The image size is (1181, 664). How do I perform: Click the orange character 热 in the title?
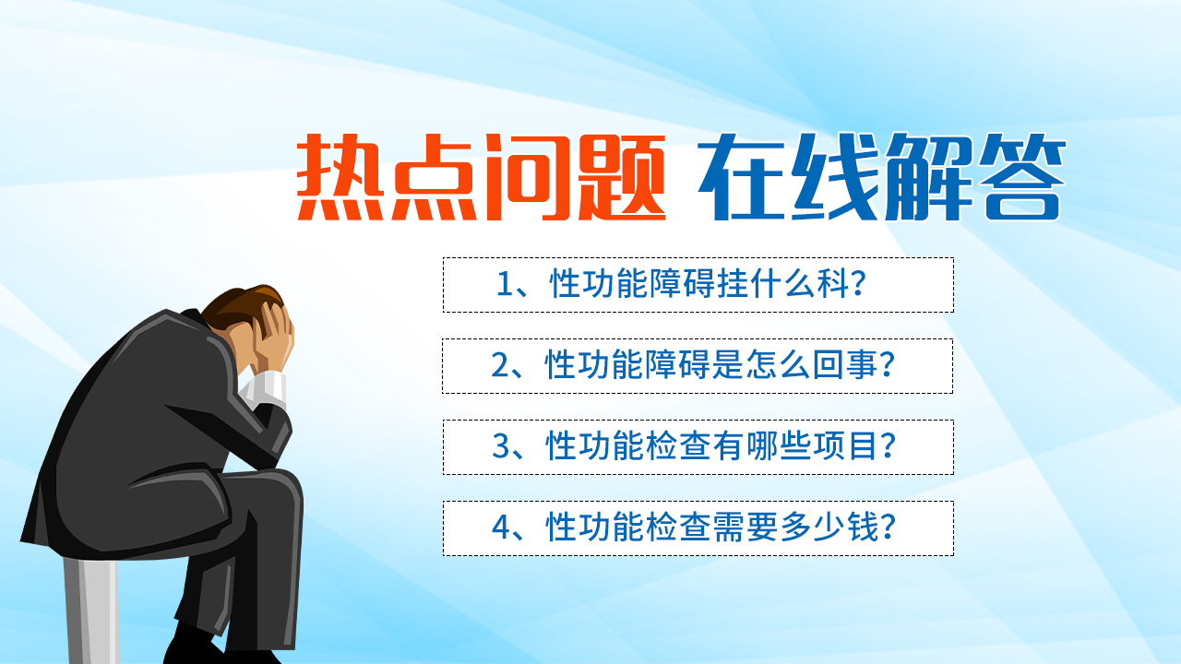(340, 177)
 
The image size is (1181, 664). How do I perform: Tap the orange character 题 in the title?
(622, 177)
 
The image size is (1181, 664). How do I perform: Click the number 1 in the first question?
(505, 285)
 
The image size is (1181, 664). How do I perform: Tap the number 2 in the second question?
(500, 364)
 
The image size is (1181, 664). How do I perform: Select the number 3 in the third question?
(501, 445)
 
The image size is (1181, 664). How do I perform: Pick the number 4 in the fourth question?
(501, 527)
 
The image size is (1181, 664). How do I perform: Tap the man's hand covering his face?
(273, 338)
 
